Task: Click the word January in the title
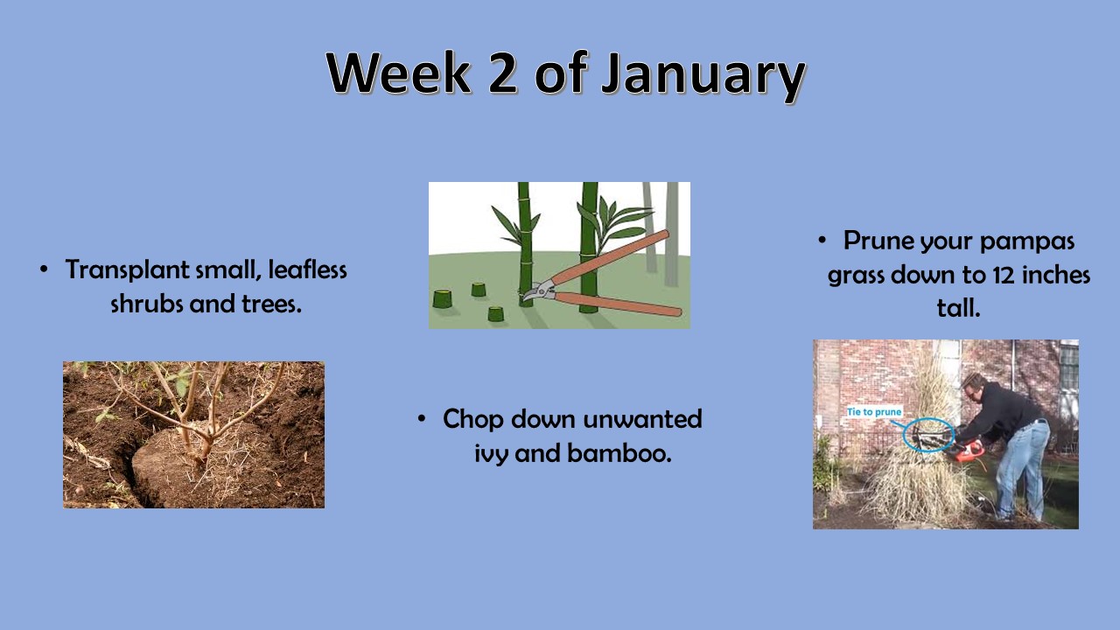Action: pyautogui.click(x=703, y=76)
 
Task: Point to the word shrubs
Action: pyautogui.click(x=146, y=304)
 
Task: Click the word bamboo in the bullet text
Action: pyautogui.click(x=619, y=453)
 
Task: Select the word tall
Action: pyautogui.click(x=958, y=307)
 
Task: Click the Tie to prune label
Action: pyautogui.click(x=874, y=412)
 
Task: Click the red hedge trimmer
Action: pyautogui.click(x=969, y=451)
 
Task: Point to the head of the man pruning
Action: pyautogui.click(x=974, y=386)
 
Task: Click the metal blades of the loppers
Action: pyautogui.click(x=537, y=291)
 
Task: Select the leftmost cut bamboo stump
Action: pyautogui.click(x=443, y=299)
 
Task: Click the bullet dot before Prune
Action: pyautogui.click(x=822, y=241)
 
